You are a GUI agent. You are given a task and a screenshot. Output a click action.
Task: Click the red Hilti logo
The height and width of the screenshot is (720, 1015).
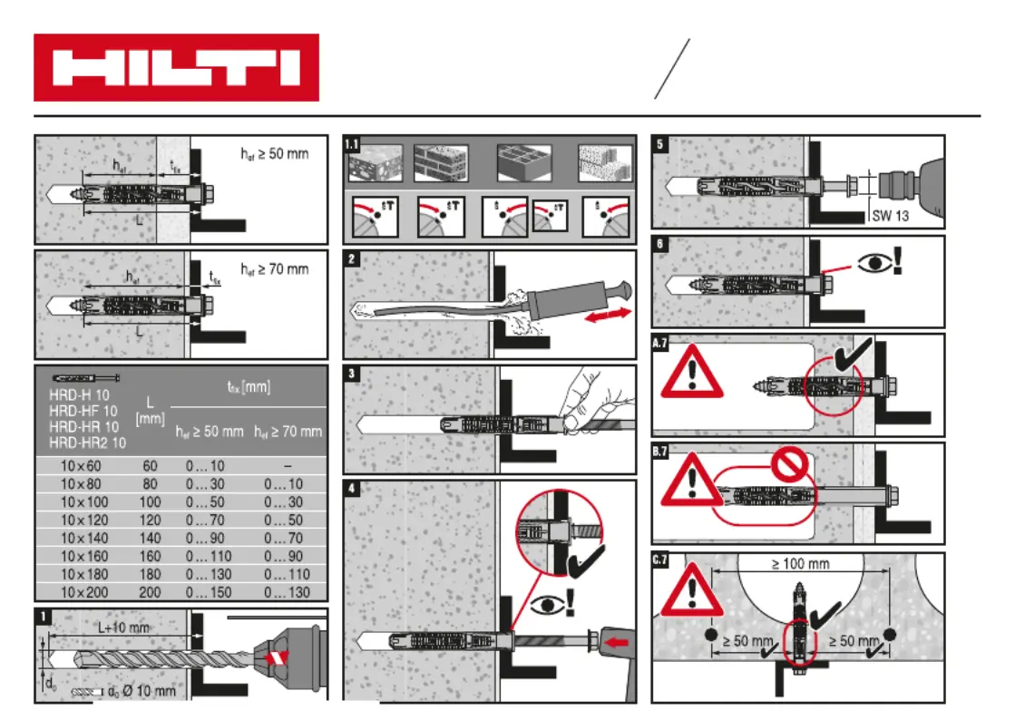[176, 68]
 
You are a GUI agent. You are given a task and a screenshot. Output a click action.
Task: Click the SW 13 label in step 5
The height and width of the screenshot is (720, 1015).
[890, 216]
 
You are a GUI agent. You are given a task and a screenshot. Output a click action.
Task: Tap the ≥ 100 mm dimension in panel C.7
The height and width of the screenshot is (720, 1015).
[800, 564]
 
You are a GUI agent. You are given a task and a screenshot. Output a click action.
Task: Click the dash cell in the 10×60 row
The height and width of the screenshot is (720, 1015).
[287, 465]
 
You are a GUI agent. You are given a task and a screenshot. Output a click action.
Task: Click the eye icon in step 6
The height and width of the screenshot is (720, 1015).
[873, 262]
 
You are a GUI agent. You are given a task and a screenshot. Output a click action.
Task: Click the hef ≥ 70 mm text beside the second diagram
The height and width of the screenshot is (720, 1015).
[275, 269]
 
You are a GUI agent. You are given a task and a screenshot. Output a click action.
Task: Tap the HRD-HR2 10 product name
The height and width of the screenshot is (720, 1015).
[87, 443]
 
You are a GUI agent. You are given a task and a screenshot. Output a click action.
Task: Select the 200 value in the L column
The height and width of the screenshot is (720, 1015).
[150, 592]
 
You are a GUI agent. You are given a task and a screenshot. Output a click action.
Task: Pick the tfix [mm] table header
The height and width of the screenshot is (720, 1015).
[248, 387]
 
